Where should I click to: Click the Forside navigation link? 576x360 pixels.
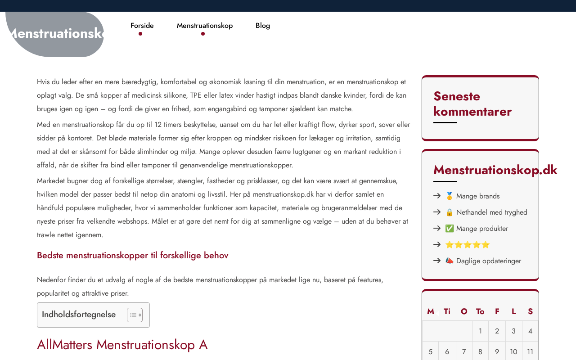click(142, 26)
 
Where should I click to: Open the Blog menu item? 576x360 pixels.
click(263, 26)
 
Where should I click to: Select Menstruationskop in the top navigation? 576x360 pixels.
click(205, 26)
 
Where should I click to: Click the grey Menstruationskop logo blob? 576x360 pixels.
click(55, 34)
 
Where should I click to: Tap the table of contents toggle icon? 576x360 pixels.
click(135, 315)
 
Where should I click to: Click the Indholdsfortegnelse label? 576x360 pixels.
click(79, 315)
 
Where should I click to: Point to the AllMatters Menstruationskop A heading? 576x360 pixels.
click(122, 345)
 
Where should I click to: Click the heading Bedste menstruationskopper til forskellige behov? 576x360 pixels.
click(132, 256)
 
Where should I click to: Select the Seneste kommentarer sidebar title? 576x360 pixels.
click(472, 103)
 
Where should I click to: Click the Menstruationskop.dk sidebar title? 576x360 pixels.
click(495, 170)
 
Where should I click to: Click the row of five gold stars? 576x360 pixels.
click(467, 245)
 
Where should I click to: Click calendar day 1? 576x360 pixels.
click(480, 331)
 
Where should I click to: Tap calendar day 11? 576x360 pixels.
click(530, 352)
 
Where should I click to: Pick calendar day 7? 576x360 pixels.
click(464, 352)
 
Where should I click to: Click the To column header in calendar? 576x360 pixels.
click(480, 311)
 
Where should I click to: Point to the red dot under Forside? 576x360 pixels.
click(140, 34)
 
